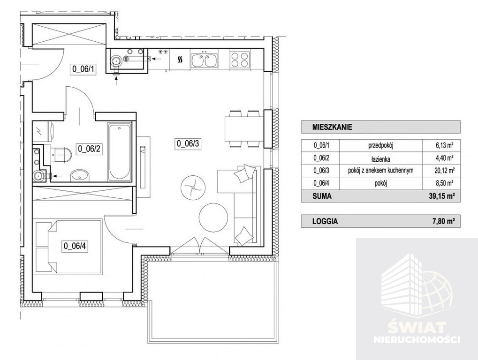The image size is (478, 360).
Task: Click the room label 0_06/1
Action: [83, 69]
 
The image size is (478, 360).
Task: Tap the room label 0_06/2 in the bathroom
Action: [89, 149]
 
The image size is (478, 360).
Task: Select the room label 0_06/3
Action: [188, 143]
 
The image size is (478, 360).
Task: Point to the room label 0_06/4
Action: [75, 246]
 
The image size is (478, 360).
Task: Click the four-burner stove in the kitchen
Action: [240, 60]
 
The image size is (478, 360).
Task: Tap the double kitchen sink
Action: [204, 60]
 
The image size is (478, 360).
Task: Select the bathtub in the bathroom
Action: [119, 151]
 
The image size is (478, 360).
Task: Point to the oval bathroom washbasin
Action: [80, 176]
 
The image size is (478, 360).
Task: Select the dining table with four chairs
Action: [244, 129]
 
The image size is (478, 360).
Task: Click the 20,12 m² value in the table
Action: [445, 171]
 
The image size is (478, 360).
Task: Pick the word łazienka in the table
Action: [381, 159]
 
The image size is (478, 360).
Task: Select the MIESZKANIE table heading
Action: [332, 127]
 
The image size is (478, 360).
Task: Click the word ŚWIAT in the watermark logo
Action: [417, 328]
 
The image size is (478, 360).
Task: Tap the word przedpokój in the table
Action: [381, 146]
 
